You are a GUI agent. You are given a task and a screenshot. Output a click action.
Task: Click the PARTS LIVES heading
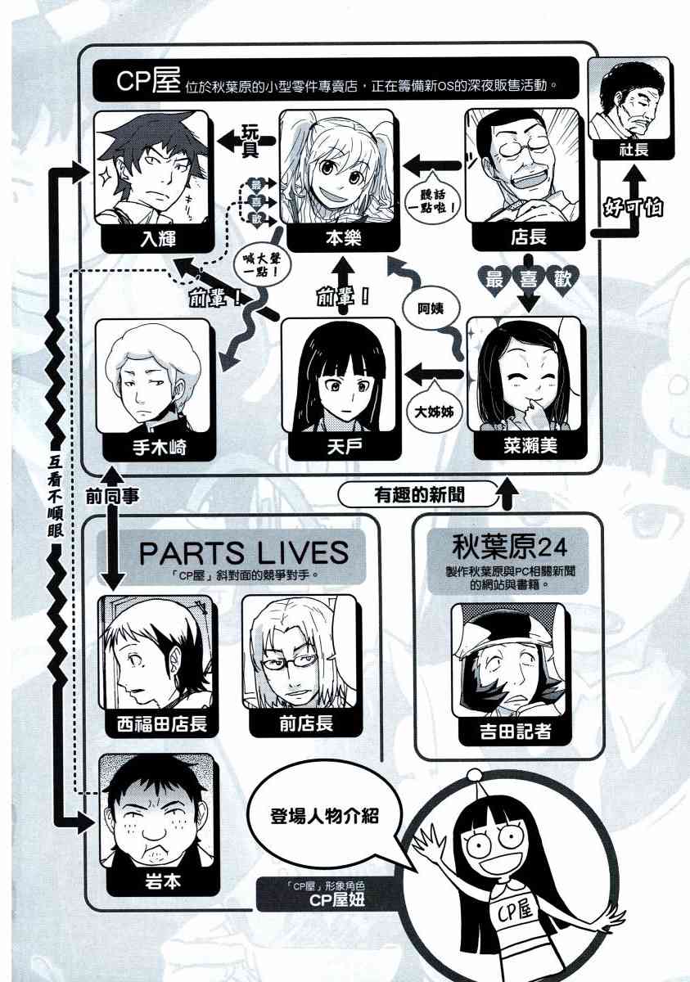243,552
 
